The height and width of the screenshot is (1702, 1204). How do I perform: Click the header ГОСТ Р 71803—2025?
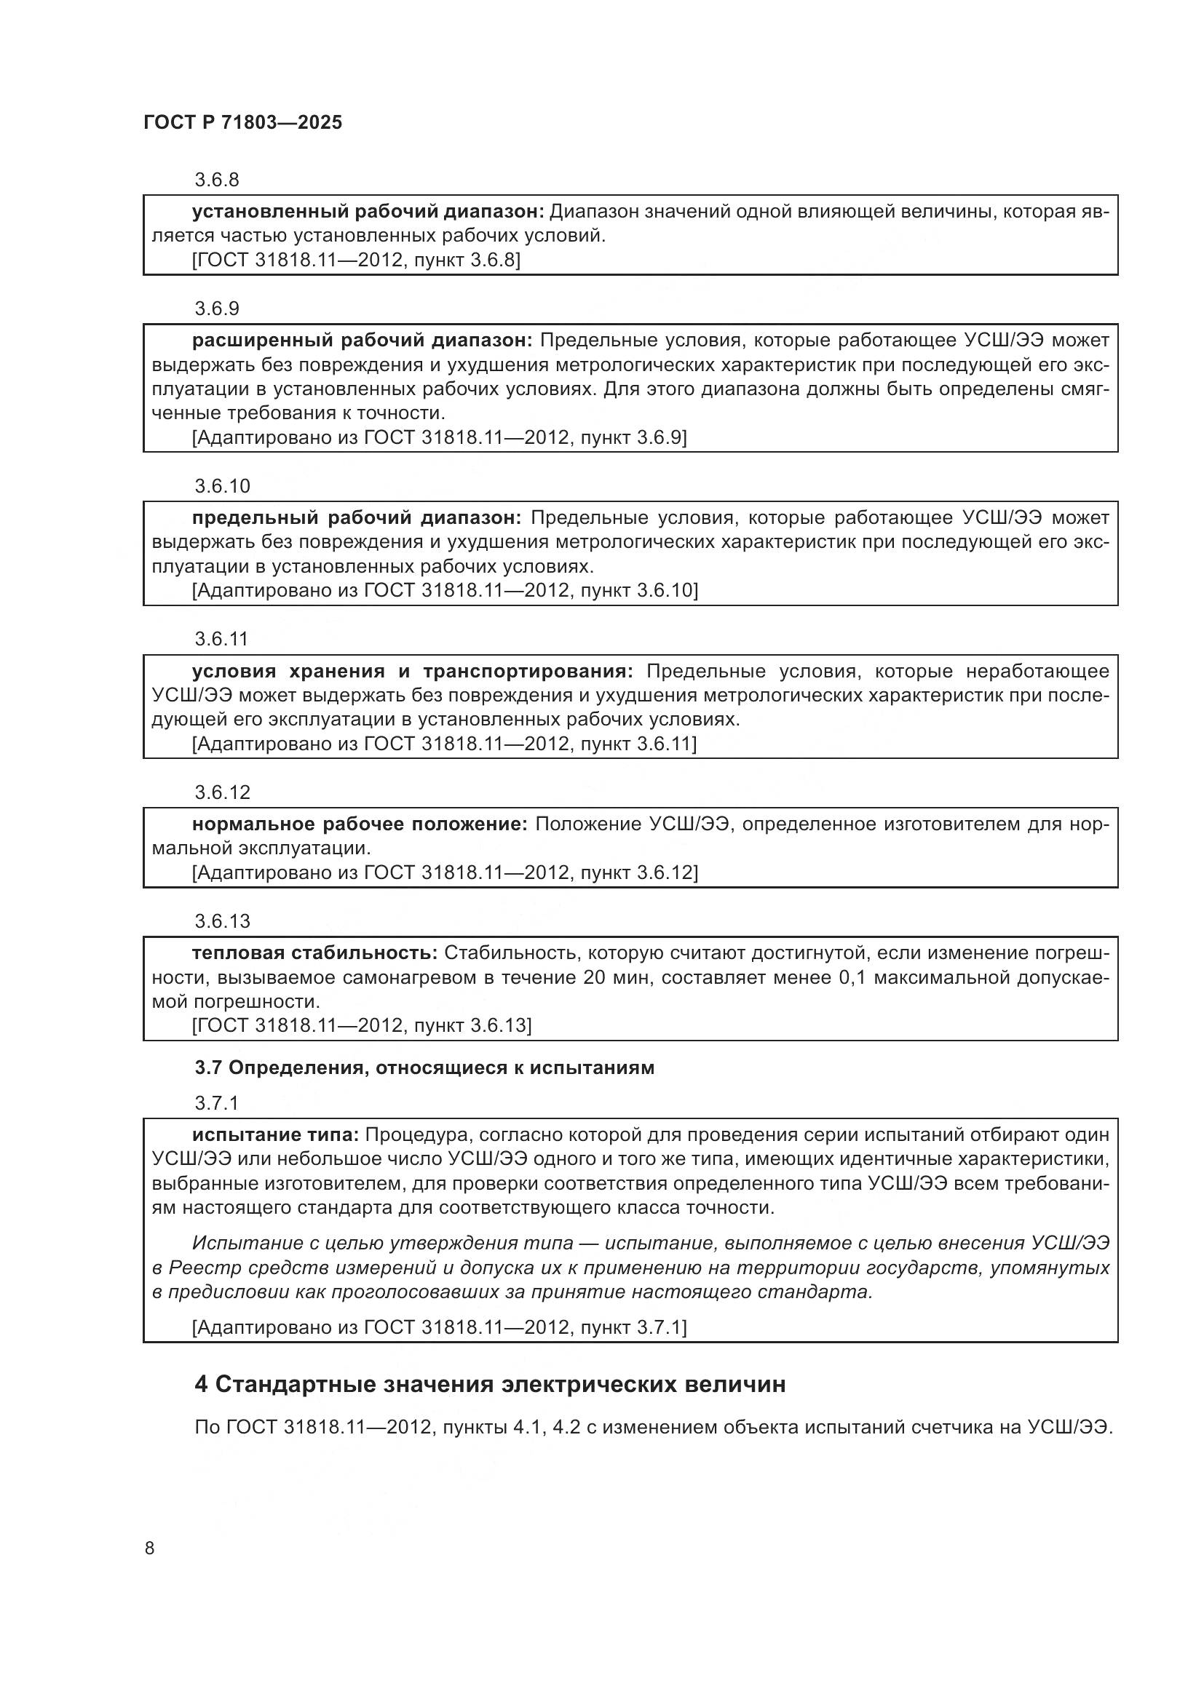(x=242, y=123)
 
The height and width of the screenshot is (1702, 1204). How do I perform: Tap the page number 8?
(x=150, y=1548)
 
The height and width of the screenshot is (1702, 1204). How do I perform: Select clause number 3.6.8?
(x=216, y=180)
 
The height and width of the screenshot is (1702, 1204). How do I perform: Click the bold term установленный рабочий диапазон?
(x=368, y=212)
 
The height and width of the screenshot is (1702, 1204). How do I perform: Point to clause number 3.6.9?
(x=216, y=309)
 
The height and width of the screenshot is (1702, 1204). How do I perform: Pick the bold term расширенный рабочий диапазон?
(x=362, y=341)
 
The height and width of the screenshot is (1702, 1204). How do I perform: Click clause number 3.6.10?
(x=223, y=486)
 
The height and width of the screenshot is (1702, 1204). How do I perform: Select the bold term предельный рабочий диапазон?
(x=357, y=517)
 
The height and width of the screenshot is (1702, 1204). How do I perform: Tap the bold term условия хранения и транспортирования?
(x=412, y=672)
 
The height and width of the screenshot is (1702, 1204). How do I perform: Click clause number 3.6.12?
(x=223, y=792)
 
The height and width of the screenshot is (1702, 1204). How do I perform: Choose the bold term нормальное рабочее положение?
(x=360, y=824)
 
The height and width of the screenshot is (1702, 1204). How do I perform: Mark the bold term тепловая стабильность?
(x=314, y=953)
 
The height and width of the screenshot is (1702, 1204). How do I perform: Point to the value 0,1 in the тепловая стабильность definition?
(x=852, y=978)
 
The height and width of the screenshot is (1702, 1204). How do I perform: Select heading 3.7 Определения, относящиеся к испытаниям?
(x=424, y=1067)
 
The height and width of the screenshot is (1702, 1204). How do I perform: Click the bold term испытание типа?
(x=275, y=1135)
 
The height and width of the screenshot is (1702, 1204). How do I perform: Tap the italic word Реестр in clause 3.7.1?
(x=196, y=1268)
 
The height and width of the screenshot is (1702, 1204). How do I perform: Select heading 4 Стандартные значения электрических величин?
(x=490, y=1384)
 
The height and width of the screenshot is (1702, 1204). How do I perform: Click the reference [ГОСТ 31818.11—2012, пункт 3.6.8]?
(x=356, y=261)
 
